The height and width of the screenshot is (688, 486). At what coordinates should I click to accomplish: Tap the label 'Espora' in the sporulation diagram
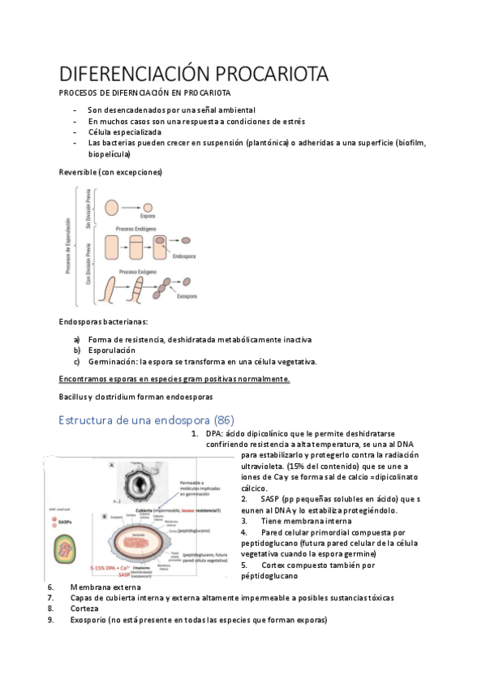point(147,217)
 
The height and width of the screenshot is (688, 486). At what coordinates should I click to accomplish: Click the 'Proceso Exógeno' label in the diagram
point(139,271)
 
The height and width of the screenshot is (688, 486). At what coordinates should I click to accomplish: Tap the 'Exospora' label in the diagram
point(188,297)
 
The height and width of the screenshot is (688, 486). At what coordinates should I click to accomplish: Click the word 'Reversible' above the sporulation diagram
point(77,172)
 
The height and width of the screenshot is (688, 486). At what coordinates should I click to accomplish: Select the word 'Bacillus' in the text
point(74,398)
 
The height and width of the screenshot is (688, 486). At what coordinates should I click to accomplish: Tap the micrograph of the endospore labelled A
point(148,484)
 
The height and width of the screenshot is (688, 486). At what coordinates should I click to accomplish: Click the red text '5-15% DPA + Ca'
point(110,568)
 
